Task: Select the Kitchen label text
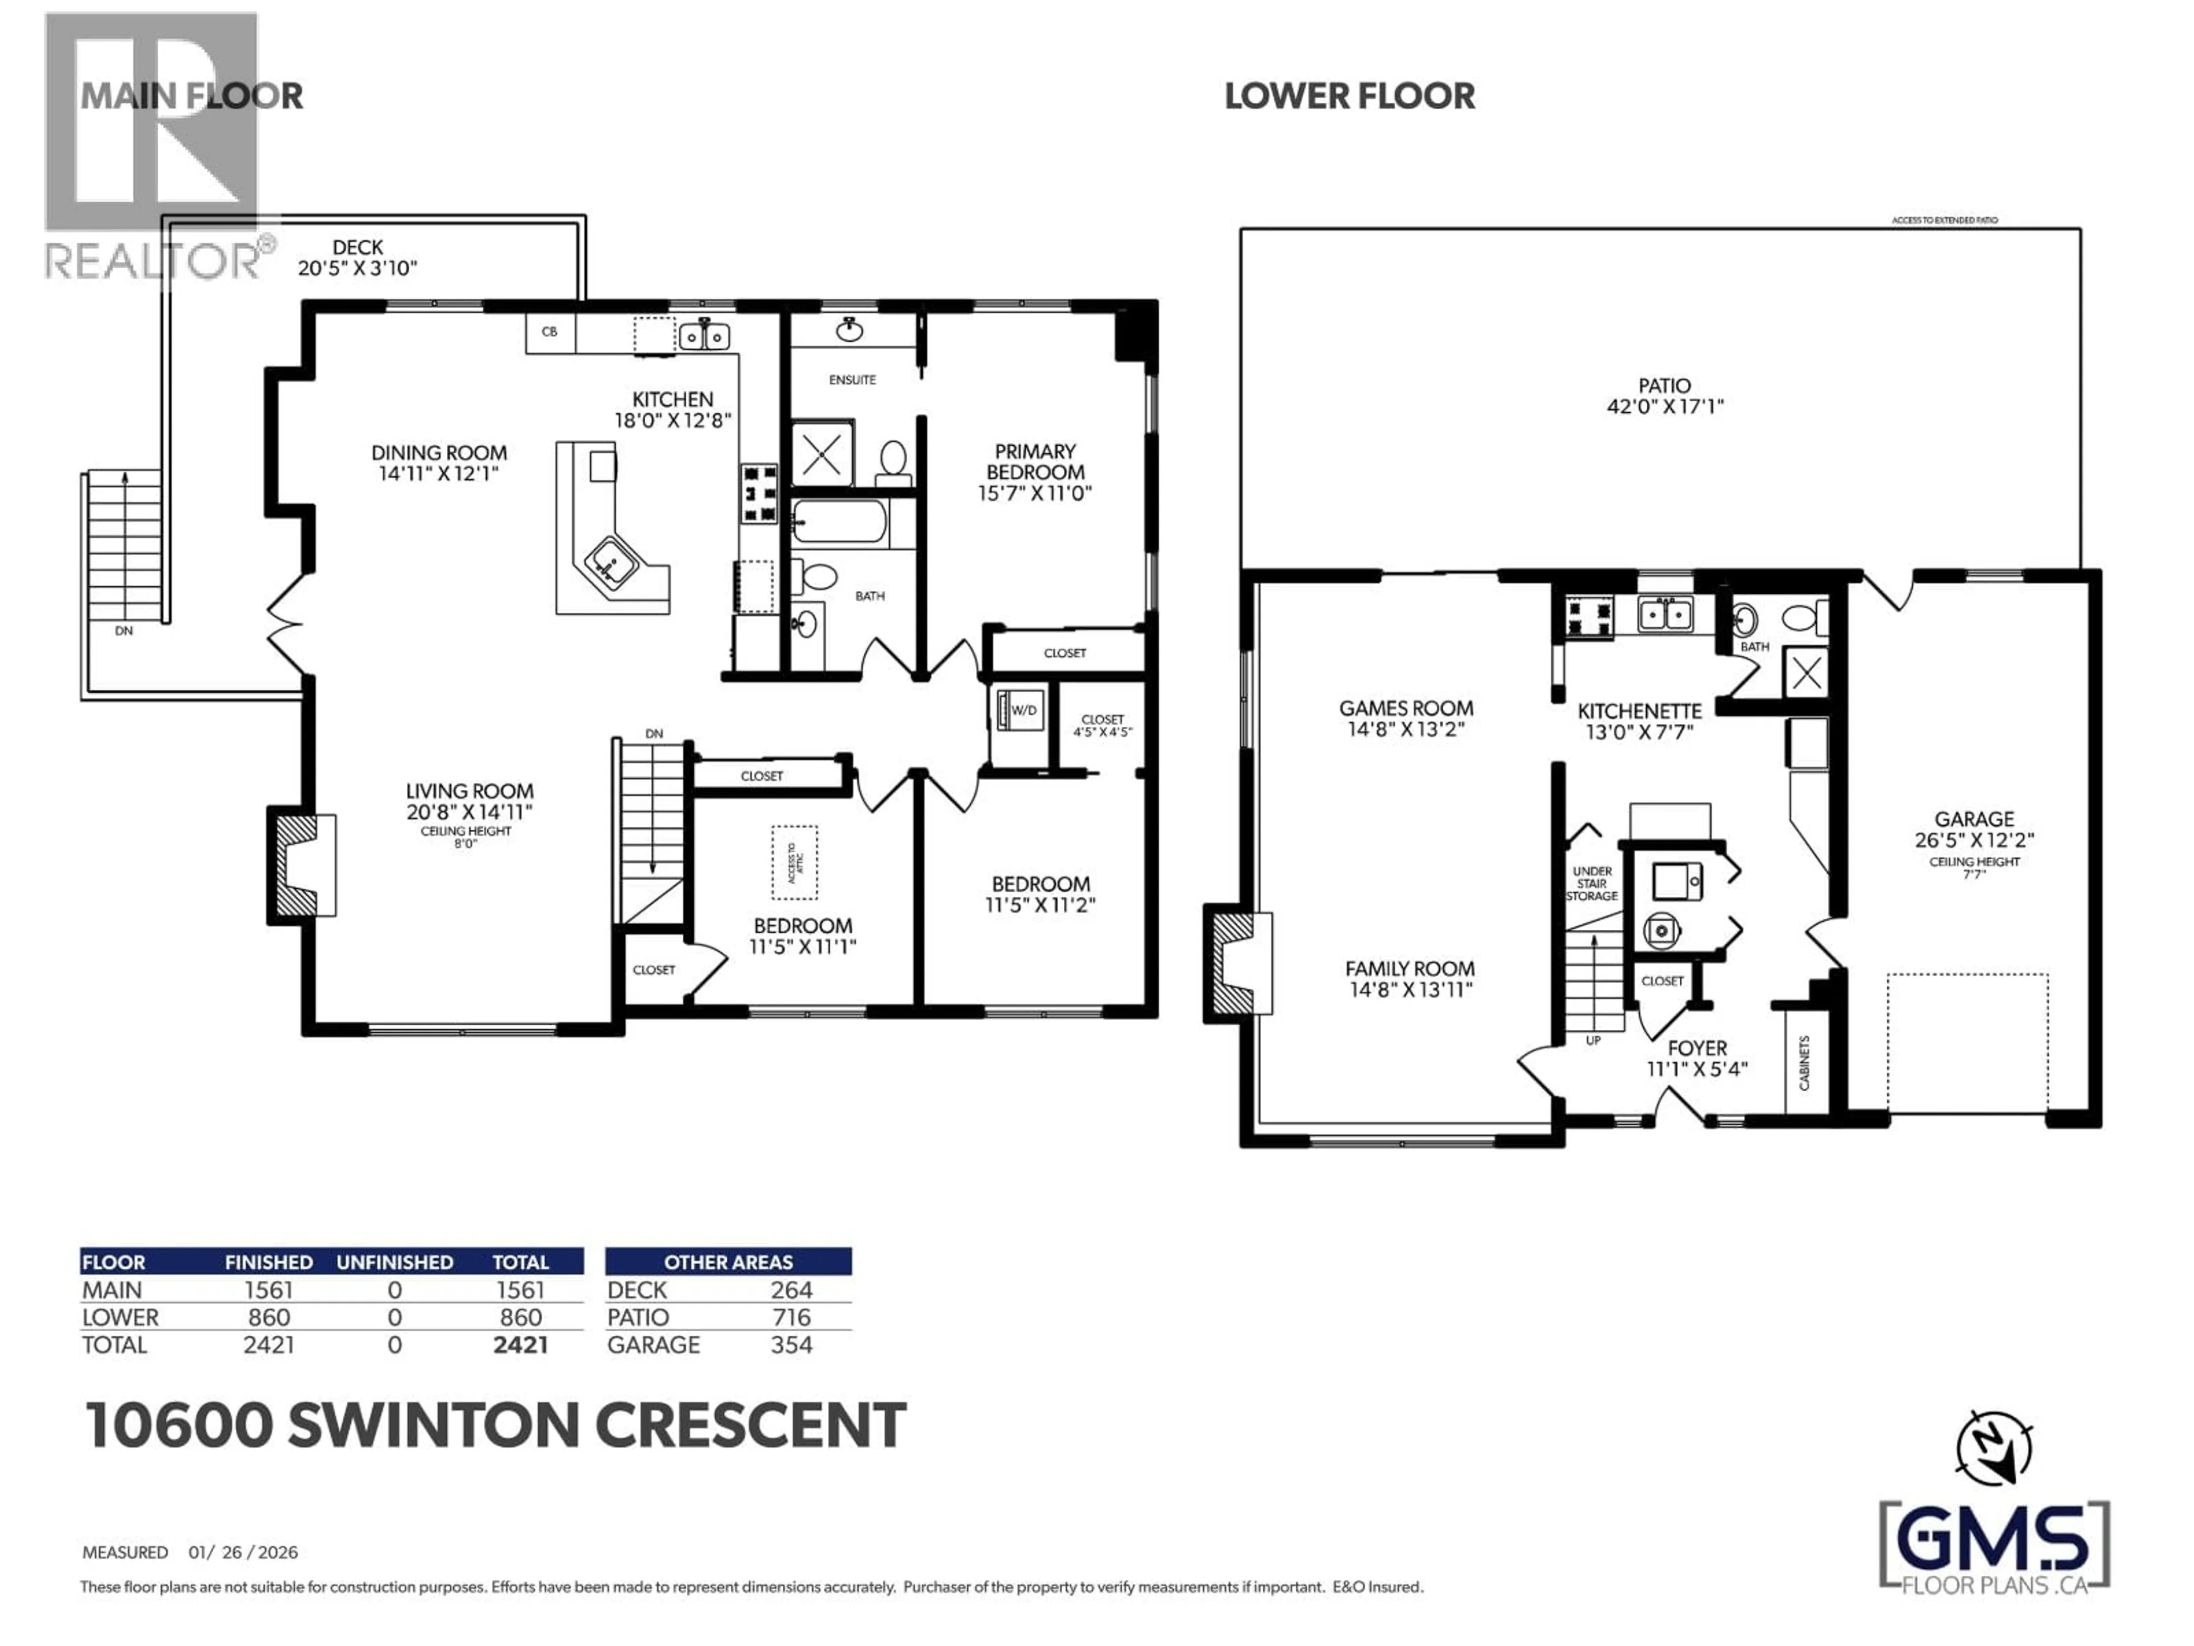click(x=672, y=399)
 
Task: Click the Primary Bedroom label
click(x=1035, y=461)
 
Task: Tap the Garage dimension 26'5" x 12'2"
click(x=1974, y=840)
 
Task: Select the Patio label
click(x=1664, y=386)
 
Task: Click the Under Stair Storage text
click(x=1591, y=883)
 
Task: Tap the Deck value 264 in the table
click(x=791, y=1290)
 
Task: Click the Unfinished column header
click(x=395, y=1262)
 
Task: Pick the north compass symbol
click(x=1993, y=1449)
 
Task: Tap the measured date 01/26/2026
click(x=243, y=1552)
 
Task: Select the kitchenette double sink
click(x=1664, y=615)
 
